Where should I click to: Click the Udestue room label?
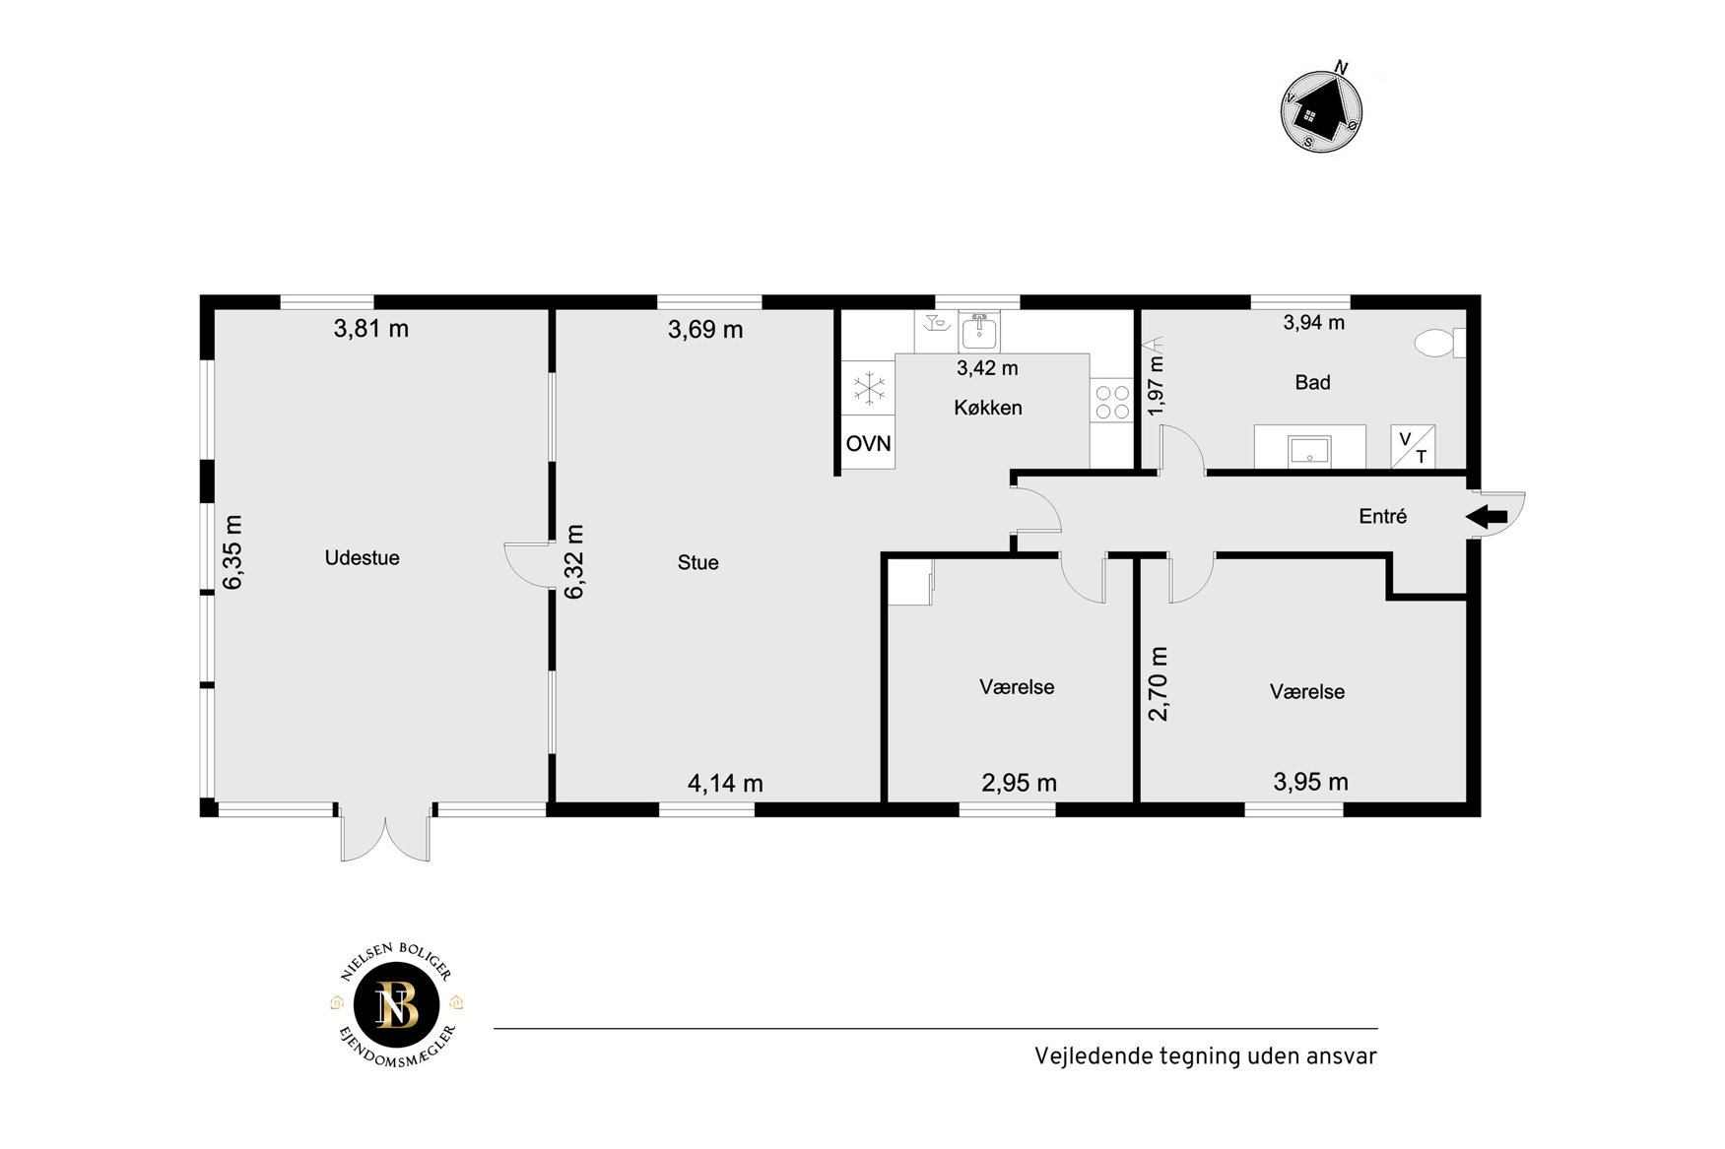click(362, 557)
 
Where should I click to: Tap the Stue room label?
click(697, 562)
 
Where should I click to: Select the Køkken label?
click(987, 407)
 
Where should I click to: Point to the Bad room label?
click(1312, 382)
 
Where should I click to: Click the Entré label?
click(1382, 516)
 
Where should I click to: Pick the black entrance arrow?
click(1487, 517)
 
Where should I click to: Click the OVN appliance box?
click(868, 443)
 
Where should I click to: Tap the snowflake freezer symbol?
click(869, 388)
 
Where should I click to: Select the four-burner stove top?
click(1112, 401)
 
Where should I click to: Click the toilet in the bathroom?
click(1439, 344)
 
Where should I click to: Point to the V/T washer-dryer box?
click(1413, 447)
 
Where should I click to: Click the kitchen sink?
click(978, 332)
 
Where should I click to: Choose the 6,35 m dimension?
click(232, 552)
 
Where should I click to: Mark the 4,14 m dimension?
click(725, 783)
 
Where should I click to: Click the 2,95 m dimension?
click(1019, 783)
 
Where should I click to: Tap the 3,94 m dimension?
click(1313, 322)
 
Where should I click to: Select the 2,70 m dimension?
click(1159, 683)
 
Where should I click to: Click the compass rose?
click(1321, 110)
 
